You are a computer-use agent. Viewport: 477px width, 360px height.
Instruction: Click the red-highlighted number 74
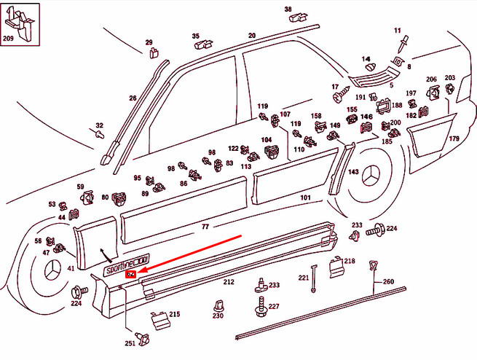130,275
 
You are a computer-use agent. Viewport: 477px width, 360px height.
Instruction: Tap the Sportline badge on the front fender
126,265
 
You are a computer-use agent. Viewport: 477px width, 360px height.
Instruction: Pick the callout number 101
305,197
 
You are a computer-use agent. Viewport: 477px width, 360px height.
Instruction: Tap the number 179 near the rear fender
454,138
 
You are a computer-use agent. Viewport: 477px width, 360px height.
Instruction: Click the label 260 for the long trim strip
388,281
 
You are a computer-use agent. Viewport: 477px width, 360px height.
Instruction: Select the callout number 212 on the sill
228,281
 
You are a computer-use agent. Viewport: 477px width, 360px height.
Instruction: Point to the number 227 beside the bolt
273,307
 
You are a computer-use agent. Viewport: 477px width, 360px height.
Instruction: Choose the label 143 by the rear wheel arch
353,173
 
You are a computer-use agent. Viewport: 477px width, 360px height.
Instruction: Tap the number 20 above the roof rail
252,35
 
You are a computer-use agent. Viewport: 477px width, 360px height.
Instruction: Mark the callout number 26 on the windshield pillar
133,98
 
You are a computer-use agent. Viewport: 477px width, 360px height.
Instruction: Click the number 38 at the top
288,9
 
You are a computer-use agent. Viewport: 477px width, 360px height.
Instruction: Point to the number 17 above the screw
336,87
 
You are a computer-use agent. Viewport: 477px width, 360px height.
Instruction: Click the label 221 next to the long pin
303,278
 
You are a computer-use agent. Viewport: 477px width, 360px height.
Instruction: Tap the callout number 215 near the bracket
174,314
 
